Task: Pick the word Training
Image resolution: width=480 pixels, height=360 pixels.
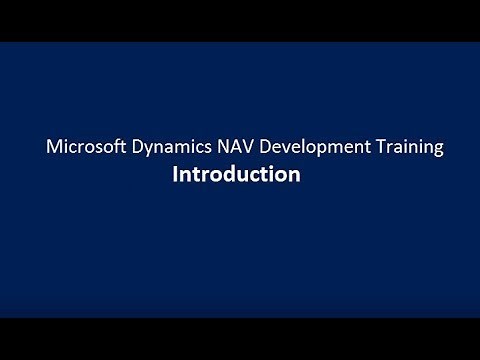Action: pos(406,148)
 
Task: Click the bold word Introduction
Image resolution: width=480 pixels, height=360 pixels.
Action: pos(236,174)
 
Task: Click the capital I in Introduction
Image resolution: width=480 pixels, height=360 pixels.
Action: pos(176,174)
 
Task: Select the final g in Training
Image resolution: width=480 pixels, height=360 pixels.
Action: pos(437,150)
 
